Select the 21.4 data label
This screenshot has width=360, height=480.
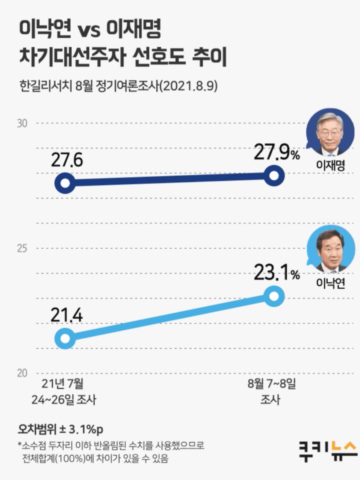(x=66, y=316)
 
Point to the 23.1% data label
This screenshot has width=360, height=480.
(x=276, y=273)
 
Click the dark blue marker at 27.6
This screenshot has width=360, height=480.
(x=65, y=184)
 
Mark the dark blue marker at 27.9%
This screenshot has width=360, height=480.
(x=274, y=176)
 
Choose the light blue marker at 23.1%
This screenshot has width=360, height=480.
(x=274, y=296)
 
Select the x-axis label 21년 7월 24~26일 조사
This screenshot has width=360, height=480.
(x=64, y=392)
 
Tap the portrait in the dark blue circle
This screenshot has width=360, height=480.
(x=330, y=132)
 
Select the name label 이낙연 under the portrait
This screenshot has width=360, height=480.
(x=330, y=283)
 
